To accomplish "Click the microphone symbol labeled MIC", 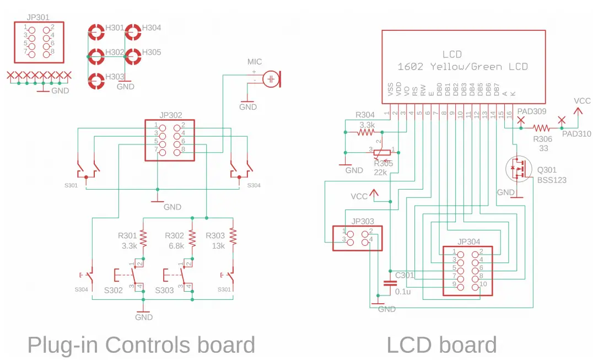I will point(271,79).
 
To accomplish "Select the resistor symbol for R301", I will point(143,238).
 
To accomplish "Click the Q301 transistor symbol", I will point(517,169).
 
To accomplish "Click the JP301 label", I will point(37,17).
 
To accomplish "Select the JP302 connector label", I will point(170,115).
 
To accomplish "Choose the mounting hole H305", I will point(133,56).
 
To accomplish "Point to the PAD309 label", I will point(532,111).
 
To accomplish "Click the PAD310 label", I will point(576,133).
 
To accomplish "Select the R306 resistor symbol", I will point(541,128).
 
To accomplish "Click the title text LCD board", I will point(441,345).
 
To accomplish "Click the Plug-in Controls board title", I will point(141,345).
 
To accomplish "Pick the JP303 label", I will point(362,222).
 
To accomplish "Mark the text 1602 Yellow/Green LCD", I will point(462,67).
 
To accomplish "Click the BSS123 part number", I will point(552,180).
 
